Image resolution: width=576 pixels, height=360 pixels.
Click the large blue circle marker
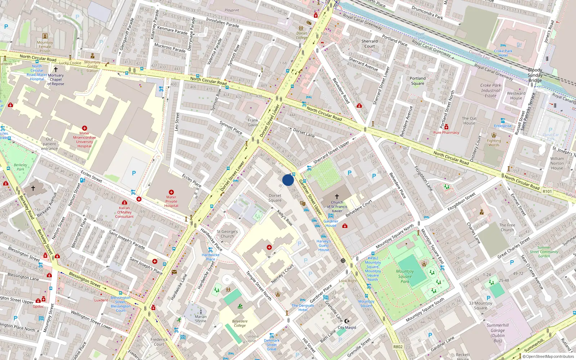tap(288, 180)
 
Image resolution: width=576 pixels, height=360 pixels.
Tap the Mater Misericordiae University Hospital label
tap(84, 140)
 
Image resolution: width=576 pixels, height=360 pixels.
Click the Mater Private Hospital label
tap(171, 201)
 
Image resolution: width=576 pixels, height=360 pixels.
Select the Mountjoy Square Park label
tap(405, 276)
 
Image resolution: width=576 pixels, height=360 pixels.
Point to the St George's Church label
tap(227, 234)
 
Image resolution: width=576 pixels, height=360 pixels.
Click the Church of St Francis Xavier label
tap(337, 207)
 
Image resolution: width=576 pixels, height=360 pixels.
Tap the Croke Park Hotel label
tap(503, 53)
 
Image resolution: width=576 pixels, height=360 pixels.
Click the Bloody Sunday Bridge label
tap(535, 75)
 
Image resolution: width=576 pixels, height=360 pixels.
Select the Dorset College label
tap(302, 35)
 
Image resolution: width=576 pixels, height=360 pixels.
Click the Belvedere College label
tap(240, 323)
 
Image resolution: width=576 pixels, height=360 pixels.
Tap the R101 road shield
tap(547, 192)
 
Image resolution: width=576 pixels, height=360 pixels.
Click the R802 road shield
tap(398, 347)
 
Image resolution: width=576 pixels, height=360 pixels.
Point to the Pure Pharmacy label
tap(446, 132)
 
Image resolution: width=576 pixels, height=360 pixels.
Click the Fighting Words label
tap(494, 143)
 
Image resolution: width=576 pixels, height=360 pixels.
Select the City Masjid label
tap(347, 328)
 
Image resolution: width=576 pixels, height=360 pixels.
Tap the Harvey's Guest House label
tap(324, 246)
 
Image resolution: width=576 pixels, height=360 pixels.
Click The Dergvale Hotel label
tap(303, 307)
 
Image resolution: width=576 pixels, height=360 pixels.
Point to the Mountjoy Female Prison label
tap(45, 47)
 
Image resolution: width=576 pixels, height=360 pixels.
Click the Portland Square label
tap(418, 81)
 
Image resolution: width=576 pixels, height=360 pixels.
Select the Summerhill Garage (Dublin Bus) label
tap(498, 333)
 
